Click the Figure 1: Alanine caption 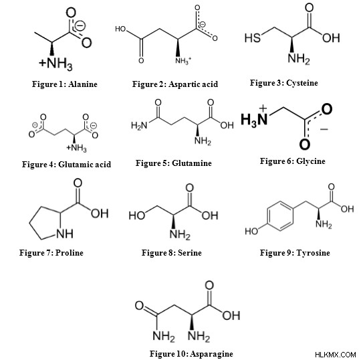pos(65,84)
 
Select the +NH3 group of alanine pos(55,64)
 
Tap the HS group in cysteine pos(252,37)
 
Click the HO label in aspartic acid pos(120,29)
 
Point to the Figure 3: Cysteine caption pos(284,83)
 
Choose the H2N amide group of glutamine pos(139,126)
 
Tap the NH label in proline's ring pos(65,234)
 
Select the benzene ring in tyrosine pos(280,215)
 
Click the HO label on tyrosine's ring pos(251,231)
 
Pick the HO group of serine pos(137,215)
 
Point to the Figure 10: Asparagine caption pos(191,353)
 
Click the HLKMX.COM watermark pos(336,354)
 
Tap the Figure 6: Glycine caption pos(293,161)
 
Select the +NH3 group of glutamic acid pos(76,148)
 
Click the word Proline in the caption pos(70,252)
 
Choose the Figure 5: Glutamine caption pos(174,163)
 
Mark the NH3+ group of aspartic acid pos(183,61)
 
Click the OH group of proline pos(100,213)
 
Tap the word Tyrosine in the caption pos(313,253)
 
